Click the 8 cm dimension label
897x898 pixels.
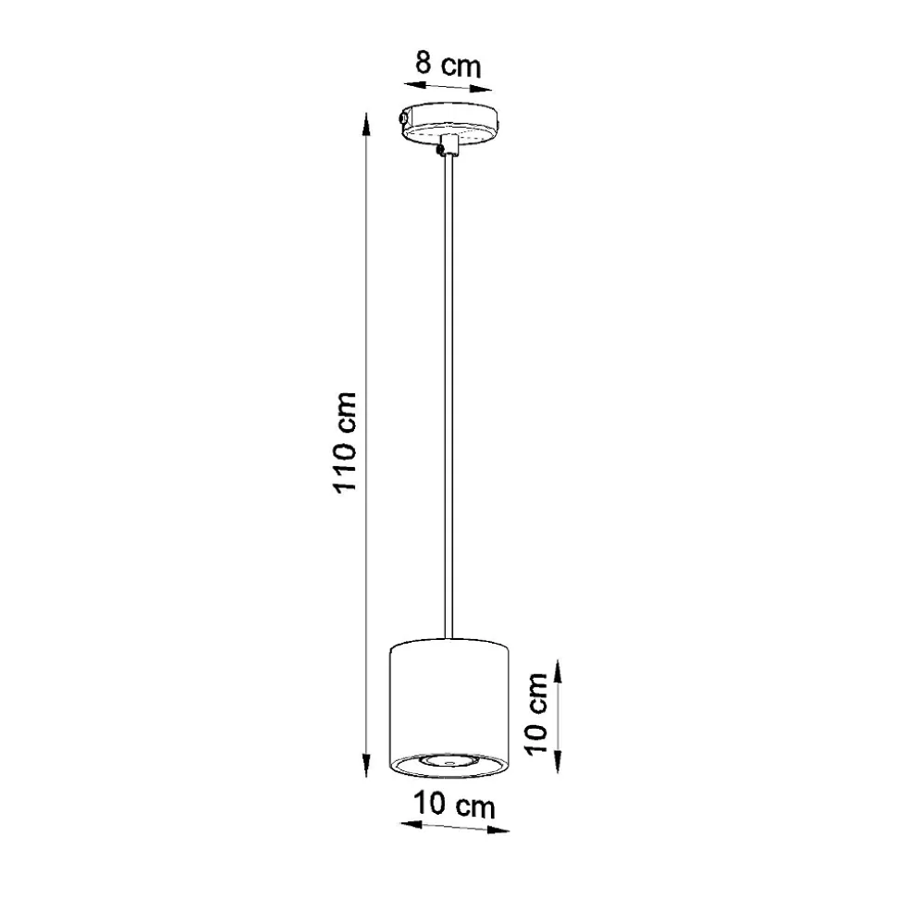coord(448,65)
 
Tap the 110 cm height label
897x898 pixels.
coord(345,442)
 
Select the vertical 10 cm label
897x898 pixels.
coord(536,714)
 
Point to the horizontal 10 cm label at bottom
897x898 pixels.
coord(454,805)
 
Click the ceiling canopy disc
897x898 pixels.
coord(449,123)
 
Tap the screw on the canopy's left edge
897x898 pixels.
coord(403,117)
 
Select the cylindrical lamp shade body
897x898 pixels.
coord(449,708)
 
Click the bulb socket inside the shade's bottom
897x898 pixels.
coord(448,761)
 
